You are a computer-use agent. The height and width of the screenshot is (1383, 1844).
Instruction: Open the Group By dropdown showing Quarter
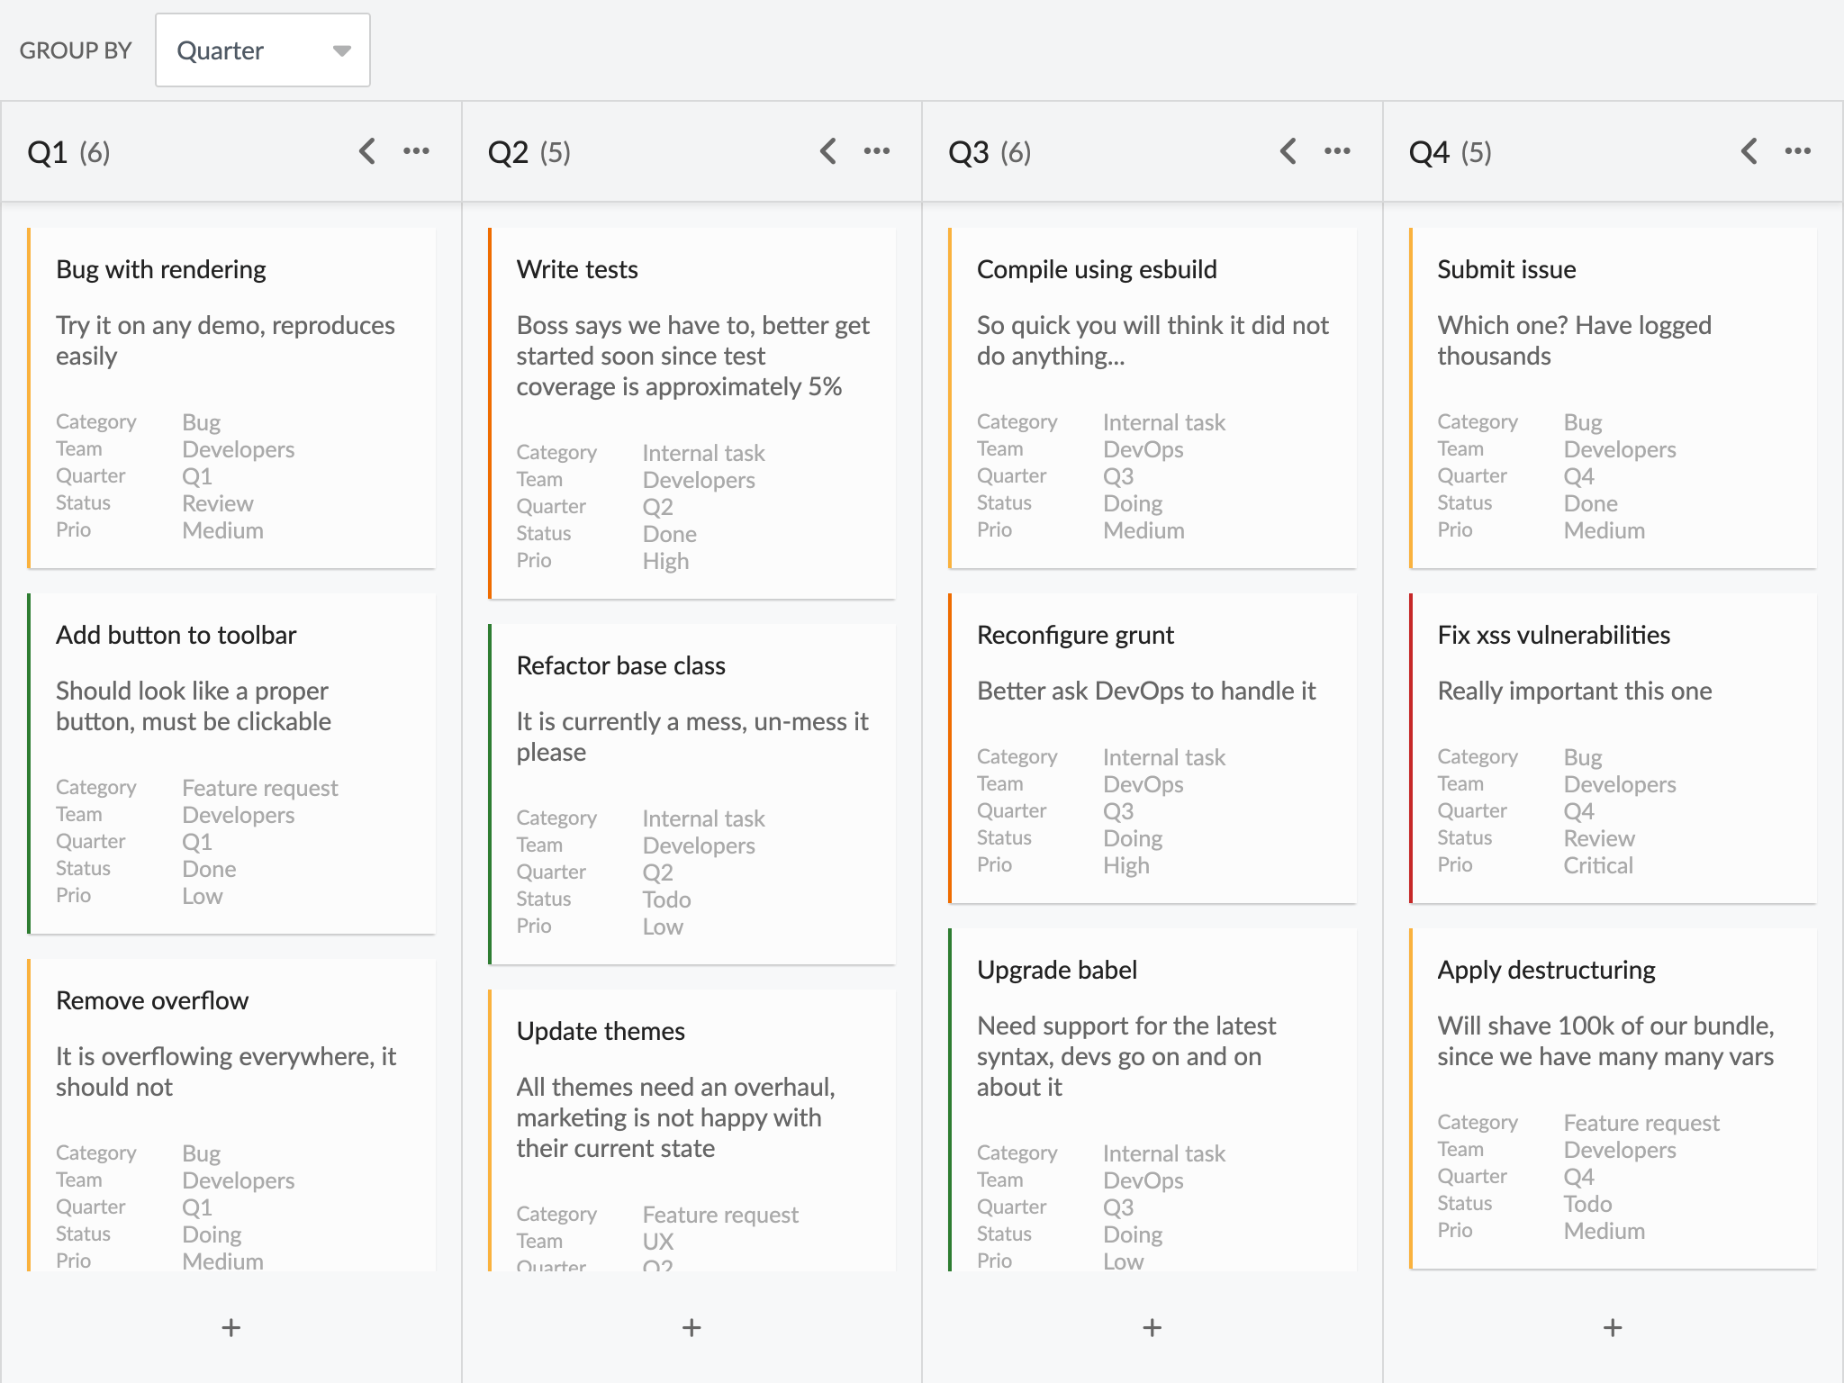pos(262,50)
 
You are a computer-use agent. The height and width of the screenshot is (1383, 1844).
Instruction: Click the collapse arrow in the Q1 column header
pos(367,151)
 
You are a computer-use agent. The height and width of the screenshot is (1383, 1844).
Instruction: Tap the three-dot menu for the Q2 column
pos(876,151)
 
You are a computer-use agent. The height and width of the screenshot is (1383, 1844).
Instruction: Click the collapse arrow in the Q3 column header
pos(1288,151)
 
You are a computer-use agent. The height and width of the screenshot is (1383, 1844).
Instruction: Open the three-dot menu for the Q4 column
pos(1797,151)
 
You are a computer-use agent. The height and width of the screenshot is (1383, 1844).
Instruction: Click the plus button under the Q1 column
pos(231,1327)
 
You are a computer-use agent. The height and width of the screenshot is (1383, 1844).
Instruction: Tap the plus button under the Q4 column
pos(1613,1327)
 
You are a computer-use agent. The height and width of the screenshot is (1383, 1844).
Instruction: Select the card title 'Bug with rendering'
pos(161,269)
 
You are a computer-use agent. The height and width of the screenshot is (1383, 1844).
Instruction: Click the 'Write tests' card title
pos(577,269)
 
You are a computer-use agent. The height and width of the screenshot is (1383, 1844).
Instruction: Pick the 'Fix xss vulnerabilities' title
pos(1553,635)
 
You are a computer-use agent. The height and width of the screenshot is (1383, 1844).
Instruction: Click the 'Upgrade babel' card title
pos(1057,970)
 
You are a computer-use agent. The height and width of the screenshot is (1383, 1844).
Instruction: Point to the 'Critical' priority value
pos(1597,865)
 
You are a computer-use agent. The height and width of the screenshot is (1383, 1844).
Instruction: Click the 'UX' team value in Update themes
pos(658,1242)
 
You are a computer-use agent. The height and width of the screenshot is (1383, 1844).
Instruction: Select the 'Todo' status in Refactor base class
pos(666,899)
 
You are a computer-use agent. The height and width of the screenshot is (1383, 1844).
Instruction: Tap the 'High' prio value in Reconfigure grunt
pos(1126,865)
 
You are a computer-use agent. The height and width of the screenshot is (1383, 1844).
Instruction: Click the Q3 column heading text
pos(969,152)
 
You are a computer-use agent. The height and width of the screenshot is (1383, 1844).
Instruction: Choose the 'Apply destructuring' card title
pos(1546,970)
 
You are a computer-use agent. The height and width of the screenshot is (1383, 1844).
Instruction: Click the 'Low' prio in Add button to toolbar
pos(203,896)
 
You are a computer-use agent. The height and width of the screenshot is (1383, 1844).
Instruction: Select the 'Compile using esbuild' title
pos(1097,269)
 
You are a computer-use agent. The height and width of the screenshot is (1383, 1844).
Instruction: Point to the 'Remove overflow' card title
pos(152,1000)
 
